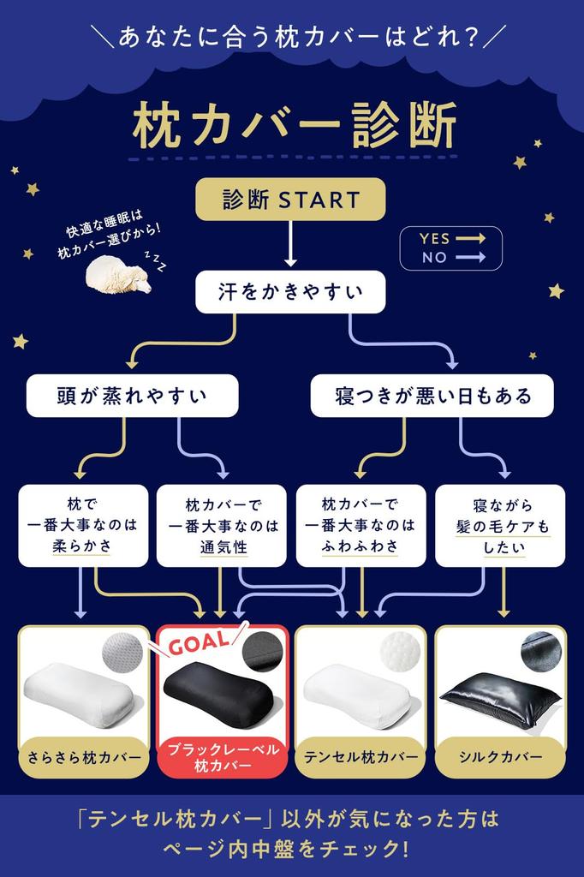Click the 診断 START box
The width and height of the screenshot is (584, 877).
(290, 200)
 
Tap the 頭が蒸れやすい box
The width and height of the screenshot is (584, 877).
(132, 396)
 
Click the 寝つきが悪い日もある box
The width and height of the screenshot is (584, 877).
(432, 396)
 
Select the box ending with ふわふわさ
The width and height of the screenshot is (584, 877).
(361, 525)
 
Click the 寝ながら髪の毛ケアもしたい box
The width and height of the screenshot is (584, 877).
(499, 525)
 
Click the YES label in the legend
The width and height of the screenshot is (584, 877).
(434, 239)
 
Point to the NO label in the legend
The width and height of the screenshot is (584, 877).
(434, 257)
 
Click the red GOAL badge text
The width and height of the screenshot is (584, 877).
(199, 641)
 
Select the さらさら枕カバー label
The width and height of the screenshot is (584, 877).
(83, 757)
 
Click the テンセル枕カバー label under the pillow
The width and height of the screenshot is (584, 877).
(361, 757)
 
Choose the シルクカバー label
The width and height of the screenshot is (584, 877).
(500, 757)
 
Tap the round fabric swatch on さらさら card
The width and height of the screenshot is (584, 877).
(122, 653)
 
